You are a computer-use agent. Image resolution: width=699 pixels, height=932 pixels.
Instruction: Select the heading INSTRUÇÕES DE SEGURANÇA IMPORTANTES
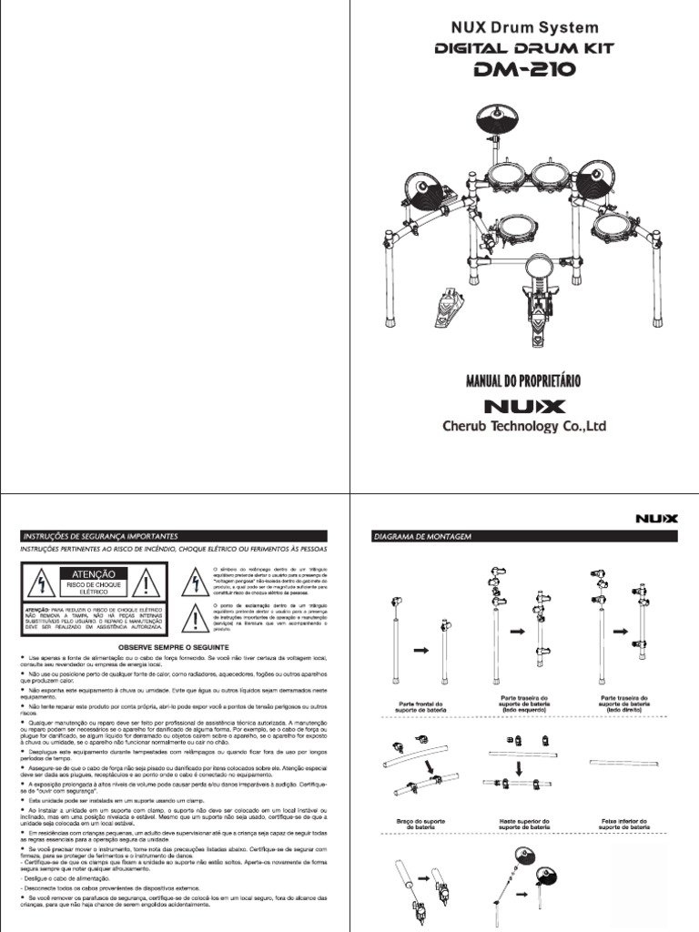tap(100, 536)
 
